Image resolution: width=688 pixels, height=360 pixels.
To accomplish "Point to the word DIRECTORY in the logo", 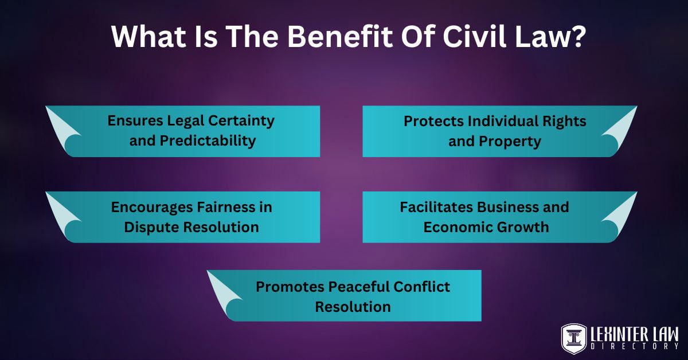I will pos(630,346).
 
